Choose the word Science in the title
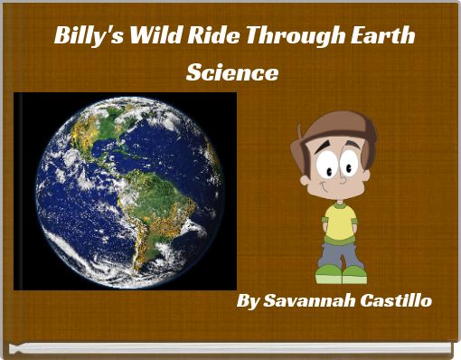click(231, 72)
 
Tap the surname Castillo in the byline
click(397, 299)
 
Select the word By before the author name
click(248, 299)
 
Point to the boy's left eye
click(349, 166)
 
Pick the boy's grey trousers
click(341, 252)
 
